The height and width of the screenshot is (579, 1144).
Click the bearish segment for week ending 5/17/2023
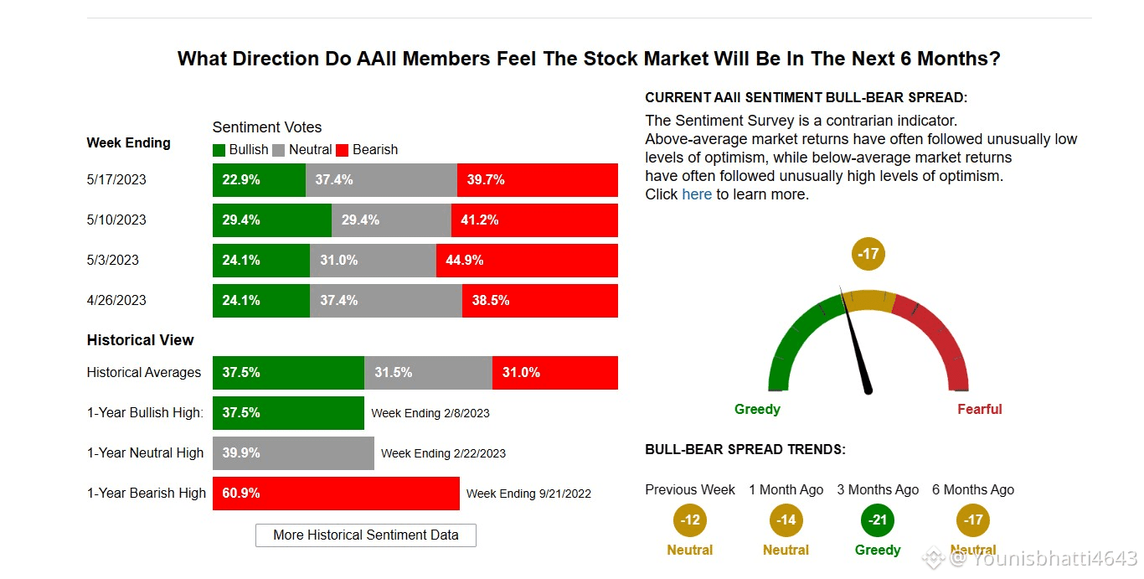click(x=537, y=180)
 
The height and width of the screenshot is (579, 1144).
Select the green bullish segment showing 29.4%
click(x=271, y=220)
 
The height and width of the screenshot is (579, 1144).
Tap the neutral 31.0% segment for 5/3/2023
click(x=373, y=261)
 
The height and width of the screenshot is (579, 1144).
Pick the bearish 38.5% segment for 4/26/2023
click(x=539, y=301)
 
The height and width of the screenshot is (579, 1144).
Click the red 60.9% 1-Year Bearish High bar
click(x=336, y=494)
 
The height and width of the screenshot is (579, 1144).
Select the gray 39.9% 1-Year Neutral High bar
click(x=293, y=453)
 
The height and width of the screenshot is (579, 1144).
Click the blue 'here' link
click(x=697, y=194)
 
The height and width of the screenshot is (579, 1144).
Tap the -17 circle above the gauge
click(x=868, y=253)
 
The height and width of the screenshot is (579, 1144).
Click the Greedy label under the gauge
click(x=757, y=410)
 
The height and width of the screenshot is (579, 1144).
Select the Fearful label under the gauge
click(x=979, y=410)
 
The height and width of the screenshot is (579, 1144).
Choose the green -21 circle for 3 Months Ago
click(x=878, y=520)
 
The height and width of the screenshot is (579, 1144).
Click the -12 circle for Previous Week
click(x=690, y=520)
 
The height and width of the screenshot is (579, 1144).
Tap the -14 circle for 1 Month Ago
click(x=786, y=520)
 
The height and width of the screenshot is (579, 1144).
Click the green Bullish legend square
click(x=219, y=150)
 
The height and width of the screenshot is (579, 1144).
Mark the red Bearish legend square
click(x=342, y=150)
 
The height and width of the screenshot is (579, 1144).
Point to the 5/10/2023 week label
click(x=116, y=220)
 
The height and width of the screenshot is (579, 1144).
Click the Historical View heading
click(x=140, y=340)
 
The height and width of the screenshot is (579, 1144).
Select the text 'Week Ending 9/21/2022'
click(x=528, y=494)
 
